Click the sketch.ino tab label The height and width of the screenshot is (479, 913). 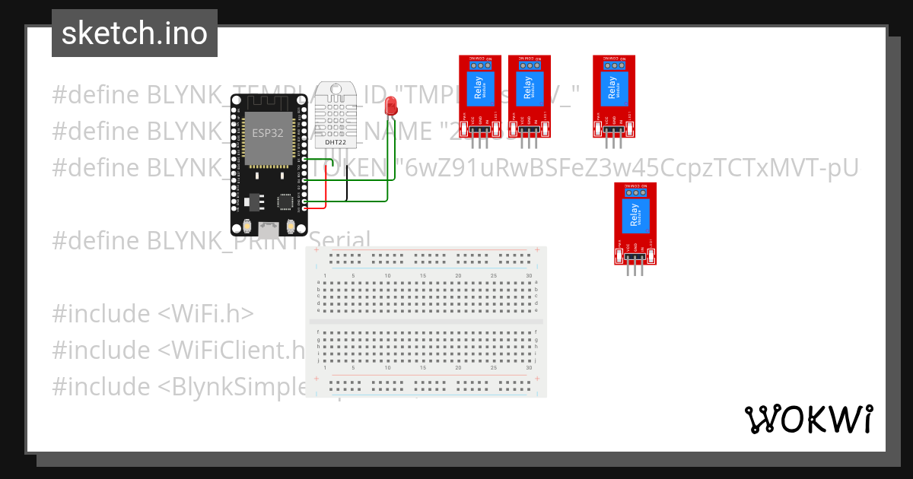[x=135, y=33]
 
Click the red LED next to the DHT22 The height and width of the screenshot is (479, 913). [x=391, y=106]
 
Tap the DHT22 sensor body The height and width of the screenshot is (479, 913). [x=336, y=114]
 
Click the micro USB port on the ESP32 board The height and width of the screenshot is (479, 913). [x=269, y=226]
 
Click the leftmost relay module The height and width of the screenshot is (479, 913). [x=479, y=96]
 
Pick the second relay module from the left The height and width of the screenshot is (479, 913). [x=529, y=96]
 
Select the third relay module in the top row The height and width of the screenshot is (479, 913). [x=613, y=96]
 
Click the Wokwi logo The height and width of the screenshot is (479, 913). [x=807, y=419]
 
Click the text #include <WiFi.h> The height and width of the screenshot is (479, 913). [x=153, y=313]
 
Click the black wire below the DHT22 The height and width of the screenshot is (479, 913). [x=347, y=182]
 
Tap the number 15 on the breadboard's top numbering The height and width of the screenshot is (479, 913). [x=423, y=275]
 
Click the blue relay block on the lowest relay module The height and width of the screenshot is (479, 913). [x=635, y=215]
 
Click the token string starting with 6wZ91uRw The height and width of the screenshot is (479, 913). [x=631, y=167]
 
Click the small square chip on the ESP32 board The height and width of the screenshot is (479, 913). [x=285, y=202]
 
